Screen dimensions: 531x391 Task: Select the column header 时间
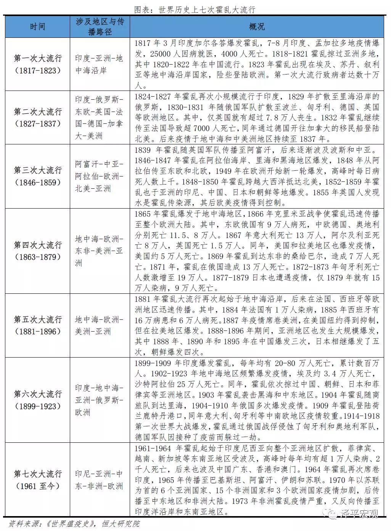tap(37, 26)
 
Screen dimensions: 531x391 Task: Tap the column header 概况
tap(257, 26)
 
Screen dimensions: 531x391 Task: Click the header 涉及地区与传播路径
tap(100, 27)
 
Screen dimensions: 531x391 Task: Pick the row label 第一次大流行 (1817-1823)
tap(37, 64)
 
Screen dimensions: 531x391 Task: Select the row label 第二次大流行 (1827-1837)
tap(37, 117)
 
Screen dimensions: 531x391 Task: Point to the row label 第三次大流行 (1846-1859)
tap(37, 176)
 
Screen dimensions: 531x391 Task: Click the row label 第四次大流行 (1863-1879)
tap(37, 251)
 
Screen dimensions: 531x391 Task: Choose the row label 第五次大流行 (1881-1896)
tap(37, 325)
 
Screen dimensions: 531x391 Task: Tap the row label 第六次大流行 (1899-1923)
tap(37, 400)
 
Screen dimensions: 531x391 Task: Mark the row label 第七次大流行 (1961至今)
tap(37, 480)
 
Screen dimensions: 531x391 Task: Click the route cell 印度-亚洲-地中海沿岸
tap(99, 64)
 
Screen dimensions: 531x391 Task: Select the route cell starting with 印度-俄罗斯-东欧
tap(99, 117)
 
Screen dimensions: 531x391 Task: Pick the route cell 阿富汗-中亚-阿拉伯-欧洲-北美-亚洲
tap(99, 176)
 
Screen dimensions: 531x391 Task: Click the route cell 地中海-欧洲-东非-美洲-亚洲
tap(99, 251)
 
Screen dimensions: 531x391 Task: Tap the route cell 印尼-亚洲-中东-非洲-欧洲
tap(99, 480)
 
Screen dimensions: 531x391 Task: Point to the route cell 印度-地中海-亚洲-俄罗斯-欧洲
tap(99, 400)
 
